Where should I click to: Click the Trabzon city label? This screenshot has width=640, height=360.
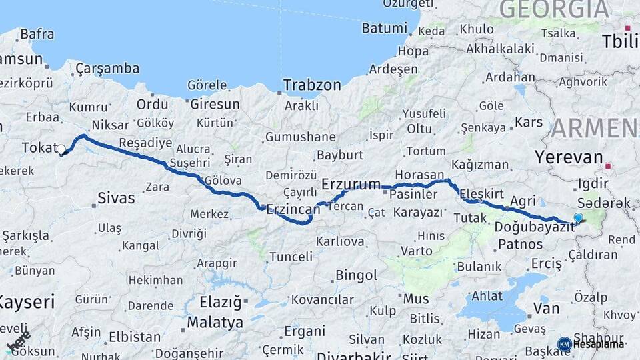311,85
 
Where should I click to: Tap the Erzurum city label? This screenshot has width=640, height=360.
351,183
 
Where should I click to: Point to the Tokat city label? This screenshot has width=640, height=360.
39,147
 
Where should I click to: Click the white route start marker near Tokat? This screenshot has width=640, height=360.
61,149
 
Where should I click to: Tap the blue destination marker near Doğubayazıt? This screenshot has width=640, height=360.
578,217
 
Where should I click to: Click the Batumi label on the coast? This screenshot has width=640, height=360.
384,29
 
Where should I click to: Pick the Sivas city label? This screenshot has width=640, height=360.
116,198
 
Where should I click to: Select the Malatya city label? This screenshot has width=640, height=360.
215,323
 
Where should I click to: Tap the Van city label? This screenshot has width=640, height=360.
546,308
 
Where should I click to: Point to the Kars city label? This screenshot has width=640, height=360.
529,123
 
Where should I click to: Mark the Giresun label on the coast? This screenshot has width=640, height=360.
215,105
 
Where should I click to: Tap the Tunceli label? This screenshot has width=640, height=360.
291,257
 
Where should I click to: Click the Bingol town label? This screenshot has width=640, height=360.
356,275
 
